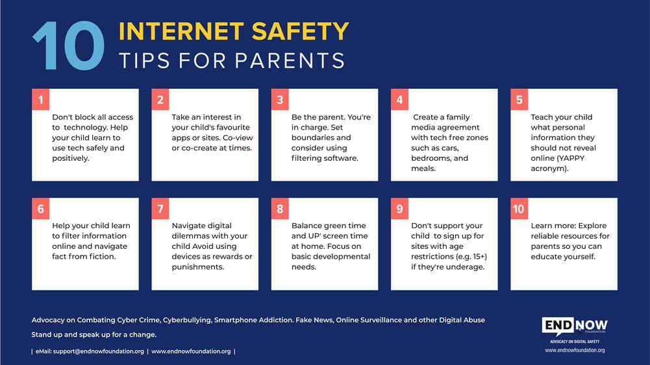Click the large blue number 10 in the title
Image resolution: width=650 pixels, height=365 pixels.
pos(68,46)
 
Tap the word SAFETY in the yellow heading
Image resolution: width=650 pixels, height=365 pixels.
pos(300,32)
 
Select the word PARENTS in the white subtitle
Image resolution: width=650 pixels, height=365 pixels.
pos(290,60)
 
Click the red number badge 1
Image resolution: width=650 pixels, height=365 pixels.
pos(41,99)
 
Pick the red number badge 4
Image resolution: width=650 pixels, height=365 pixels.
pos(399,99)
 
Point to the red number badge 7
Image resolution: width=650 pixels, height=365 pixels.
pos(160,209)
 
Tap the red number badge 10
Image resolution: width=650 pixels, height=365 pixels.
pos(519,209)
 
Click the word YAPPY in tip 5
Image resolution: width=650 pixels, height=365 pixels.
pos(571,158)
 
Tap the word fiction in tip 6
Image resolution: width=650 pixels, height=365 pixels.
pos(102,257)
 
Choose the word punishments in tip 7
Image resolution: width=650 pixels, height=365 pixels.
pos(198,267)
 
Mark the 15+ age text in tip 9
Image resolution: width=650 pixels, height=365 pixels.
pos(478,257)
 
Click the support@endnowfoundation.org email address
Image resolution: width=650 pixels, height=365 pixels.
pos(99,351)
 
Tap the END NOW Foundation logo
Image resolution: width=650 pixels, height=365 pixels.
pos(575,327)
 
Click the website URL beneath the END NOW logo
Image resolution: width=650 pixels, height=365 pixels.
pos(575,350)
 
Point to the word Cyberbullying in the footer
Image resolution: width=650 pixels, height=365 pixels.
pos(186,320)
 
